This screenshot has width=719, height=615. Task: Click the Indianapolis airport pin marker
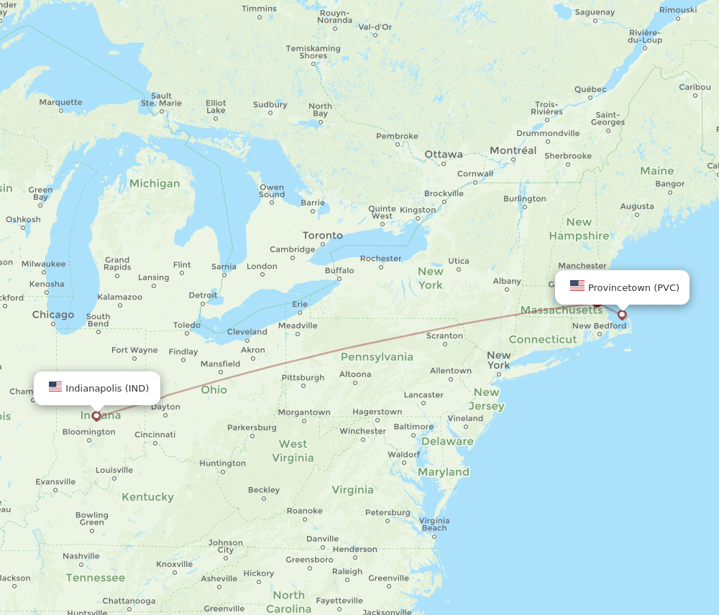[96, 415]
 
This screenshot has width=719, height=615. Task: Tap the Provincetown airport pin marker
[622, 314]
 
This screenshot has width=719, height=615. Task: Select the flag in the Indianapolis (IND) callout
[55, 387]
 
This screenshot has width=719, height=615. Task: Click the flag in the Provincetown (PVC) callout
[577, 287]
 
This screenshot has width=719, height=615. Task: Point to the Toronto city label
[323, 236]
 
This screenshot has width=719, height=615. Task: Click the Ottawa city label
[444, 154]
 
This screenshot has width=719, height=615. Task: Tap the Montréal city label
[513, 150]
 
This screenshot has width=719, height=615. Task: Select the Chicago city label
[53, 315]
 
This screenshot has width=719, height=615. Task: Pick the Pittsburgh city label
[303, 377]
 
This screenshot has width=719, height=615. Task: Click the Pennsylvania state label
[377, 357]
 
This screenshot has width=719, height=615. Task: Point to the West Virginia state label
[293, 451]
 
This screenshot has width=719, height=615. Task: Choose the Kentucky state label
[147, 497]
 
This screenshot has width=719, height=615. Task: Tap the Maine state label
[657, 171]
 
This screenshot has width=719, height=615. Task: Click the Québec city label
[590, 89]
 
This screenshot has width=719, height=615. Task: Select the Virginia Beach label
[434, 524]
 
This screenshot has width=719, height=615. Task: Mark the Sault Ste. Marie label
[161, 99]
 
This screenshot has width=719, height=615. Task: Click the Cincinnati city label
[155, 434]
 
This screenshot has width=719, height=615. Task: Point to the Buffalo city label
[339, 271]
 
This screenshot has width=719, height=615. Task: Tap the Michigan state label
[155, 183]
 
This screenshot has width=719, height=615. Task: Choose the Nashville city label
[81, 555]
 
